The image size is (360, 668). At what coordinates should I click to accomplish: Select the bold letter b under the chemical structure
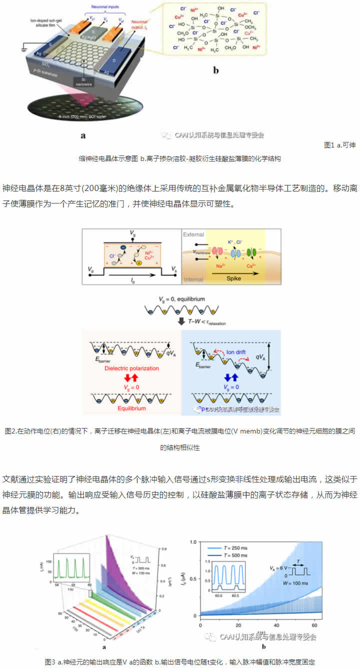216,70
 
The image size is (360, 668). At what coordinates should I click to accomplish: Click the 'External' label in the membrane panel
195,234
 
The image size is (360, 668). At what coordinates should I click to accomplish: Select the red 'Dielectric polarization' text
131,368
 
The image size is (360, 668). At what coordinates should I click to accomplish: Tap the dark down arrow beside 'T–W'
181,321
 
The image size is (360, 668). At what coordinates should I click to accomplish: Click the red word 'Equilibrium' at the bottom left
131,408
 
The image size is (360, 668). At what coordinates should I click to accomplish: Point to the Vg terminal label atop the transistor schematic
132,233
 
